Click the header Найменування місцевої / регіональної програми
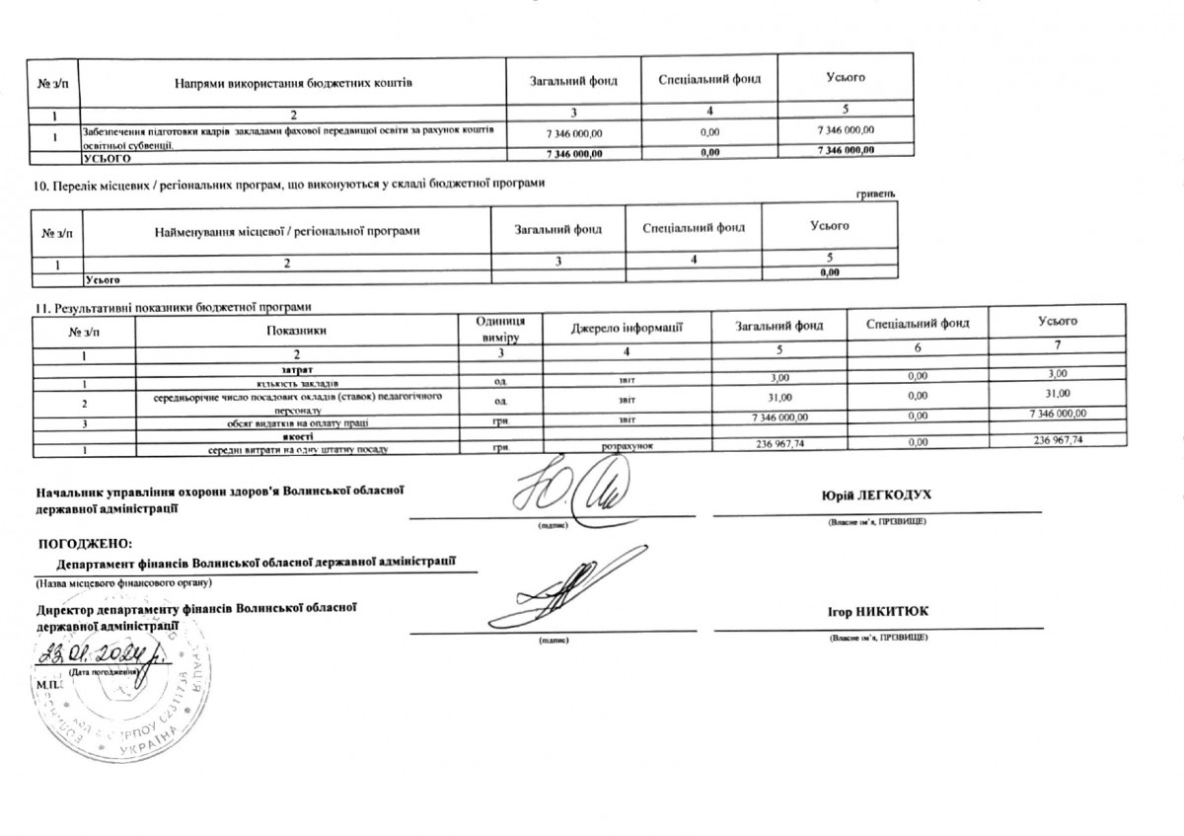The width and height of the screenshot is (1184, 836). pos(287,230)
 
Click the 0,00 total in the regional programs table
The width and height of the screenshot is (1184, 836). pos(830,273)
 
